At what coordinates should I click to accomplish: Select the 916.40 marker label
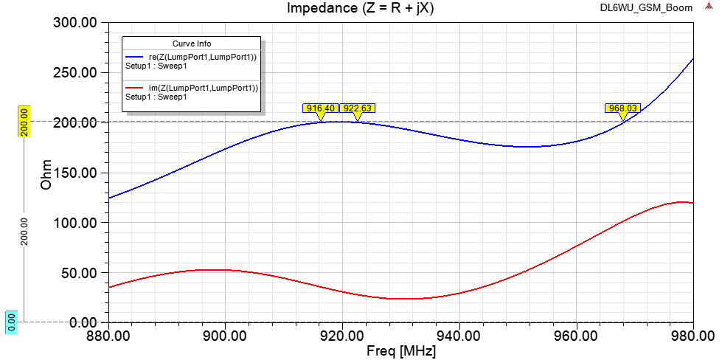pyautogui.click(x=320, y=108)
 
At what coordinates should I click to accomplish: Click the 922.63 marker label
pyautogui.click(x=357, y=108)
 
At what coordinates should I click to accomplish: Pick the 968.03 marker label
pyautogui.click(x=622, y=108)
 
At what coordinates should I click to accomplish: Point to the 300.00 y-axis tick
pyautogui.click(x=76, y=23)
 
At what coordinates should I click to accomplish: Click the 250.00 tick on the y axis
pyautogui.click(x=76, y=72)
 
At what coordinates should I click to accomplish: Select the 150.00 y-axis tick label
pyautogui.click(x=76, y=173)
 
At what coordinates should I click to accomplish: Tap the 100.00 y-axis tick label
pyautogui.click(x=76, y=223)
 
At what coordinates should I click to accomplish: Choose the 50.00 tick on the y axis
pyautogui.click(x=79, y=273)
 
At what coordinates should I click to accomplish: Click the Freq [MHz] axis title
pyautogui.click(x=401, y=350)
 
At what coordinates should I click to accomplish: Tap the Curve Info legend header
pyautogui.click(x=192, y=44)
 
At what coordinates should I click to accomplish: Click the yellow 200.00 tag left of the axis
pyautogui.click(x=23, y=122)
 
